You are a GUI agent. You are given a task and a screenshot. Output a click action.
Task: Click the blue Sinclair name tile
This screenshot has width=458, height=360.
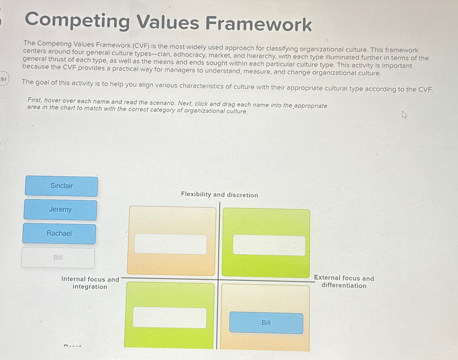(62, 186)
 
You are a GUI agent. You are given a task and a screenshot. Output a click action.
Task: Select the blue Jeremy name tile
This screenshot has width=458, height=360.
(60, 210)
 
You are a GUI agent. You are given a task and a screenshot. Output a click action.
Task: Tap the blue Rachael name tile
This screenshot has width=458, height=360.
(59, 233)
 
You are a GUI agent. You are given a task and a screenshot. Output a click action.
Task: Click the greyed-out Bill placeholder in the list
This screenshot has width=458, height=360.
(58, 258)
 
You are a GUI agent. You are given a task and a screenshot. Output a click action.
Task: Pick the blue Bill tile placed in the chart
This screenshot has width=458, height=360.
(266, 323)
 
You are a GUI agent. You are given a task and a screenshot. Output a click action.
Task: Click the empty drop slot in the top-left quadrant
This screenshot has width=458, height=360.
(170, 244)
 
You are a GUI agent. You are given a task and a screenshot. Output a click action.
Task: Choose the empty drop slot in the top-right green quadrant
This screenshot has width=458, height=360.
(269, 245)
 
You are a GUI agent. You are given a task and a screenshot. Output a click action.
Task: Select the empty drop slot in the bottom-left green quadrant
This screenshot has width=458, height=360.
(169, 317)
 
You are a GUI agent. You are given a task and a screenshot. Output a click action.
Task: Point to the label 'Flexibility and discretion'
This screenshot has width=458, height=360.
(219, 195)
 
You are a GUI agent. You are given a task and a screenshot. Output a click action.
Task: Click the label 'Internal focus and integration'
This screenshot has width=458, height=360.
(90, 283)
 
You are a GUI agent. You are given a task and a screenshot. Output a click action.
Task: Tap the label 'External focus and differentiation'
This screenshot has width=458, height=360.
(344, 282)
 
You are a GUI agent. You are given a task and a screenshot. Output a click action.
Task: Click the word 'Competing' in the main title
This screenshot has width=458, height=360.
(77, 21)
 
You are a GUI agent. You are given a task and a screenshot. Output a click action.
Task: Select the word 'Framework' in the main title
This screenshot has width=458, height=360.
(258, 24)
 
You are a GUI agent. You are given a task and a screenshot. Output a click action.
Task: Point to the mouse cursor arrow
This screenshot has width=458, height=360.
(404, 115)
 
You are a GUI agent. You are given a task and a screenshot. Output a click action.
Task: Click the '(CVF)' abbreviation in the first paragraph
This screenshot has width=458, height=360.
(141, 46)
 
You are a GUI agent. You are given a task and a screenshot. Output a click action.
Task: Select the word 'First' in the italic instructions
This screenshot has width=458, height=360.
(34, 100)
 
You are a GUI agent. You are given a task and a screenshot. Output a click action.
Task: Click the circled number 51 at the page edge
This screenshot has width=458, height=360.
(3, 79)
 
